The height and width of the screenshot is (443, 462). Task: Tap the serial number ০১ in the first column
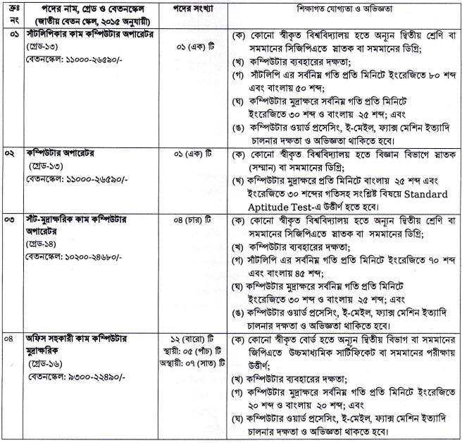click(10, 34)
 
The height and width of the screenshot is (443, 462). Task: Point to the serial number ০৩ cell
click(10, 221)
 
